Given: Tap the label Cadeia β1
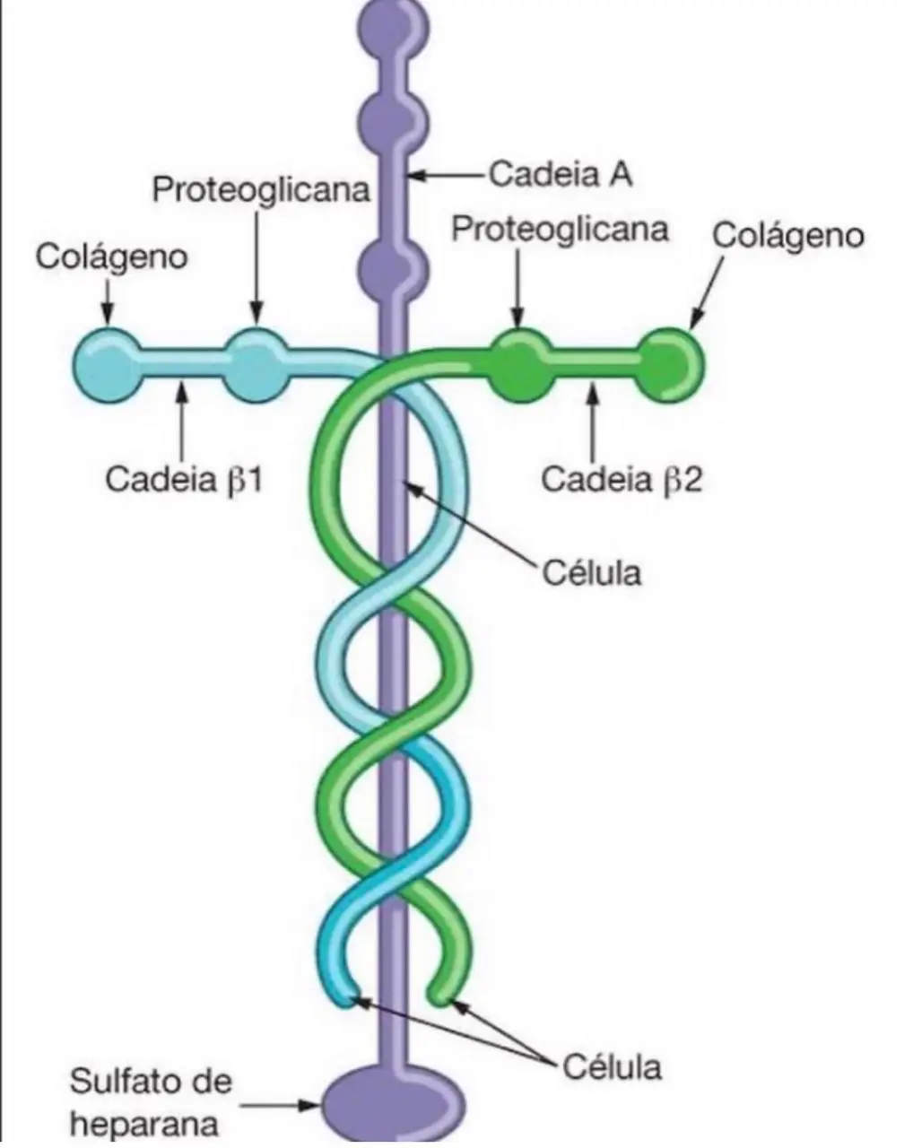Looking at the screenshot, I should (184, 479).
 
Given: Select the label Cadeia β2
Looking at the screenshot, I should (621, 480).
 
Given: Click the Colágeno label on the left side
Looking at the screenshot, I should (112, 257).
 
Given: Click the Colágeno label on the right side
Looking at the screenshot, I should (788, 236).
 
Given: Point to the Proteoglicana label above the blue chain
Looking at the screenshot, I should (260, 189).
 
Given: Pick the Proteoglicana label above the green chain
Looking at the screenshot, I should (560, 229).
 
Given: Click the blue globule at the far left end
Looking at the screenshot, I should (107, 363).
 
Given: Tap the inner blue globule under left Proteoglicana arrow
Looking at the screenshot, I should (257, 363).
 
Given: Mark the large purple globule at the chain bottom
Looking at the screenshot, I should (394, 1105).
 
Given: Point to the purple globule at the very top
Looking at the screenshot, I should (393, 27).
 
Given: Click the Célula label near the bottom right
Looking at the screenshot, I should (612, 1067).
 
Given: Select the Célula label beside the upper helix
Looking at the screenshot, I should (592, 571).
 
